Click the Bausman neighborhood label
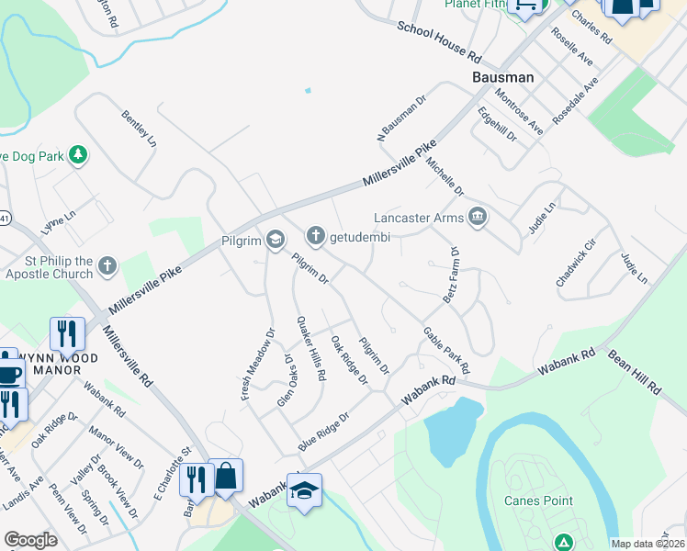[x=503, y=78]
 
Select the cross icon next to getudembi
[x=315, y=236]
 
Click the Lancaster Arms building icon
[x=478, y=218]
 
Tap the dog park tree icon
[x=79, y=155]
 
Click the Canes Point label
[x=538, y=500]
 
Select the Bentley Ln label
[x=140, y=129]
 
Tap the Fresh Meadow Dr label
[x=258, y=365]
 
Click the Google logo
[x=30, y=540]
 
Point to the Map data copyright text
[x=648, y=544]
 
